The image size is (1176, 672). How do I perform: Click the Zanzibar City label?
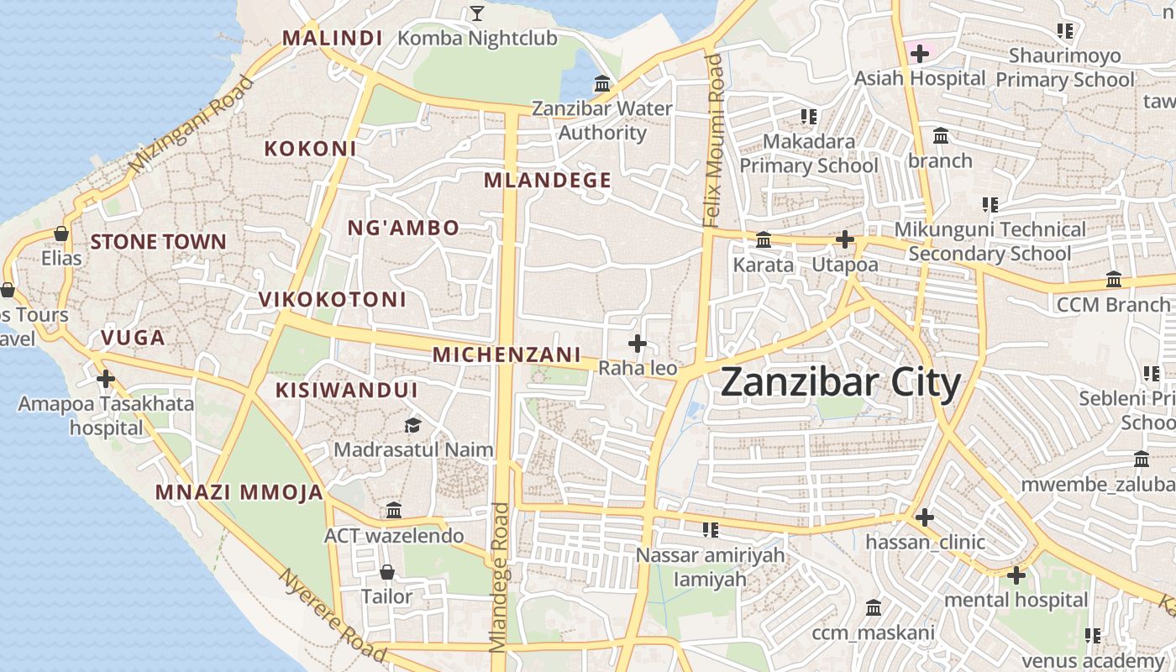coord(840,384)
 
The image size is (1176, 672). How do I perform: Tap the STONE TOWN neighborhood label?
coord(158,242)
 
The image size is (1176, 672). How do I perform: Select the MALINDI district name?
coord(332,38)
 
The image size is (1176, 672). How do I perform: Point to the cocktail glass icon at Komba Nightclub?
coord(477,13)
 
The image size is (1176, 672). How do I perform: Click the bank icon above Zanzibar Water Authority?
coord(602,84)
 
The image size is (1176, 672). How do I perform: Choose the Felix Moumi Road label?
coord(713,140)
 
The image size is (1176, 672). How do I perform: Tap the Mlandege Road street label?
coord(500,576)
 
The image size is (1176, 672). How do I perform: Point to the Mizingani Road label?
coord(192,125)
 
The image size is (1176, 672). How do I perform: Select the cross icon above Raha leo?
coord(638,343)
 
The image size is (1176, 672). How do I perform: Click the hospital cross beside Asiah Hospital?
coord(920,54)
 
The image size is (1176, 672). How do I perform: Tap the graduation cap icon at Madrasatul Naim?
coord(412,426)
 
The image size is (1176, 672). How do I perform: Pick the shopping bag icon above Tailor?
coord(386,572)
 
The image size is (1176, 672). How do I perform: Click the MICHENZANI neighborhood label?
coord(507,354)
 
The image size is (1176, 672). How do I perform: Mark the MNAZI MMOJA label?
coord(239,493)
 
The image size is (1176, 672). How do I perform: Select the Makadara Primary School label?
coord(808,153)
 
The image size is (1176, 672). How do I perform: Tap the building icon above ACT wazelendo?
coord(394,511)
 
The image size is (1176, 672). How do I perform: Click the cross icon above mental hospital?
coord(1016,575)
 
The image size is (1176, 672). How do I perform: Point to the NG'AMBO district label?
coord(403,228)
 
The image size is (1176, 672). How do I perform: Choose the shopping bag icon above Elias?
coord(61,233)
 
